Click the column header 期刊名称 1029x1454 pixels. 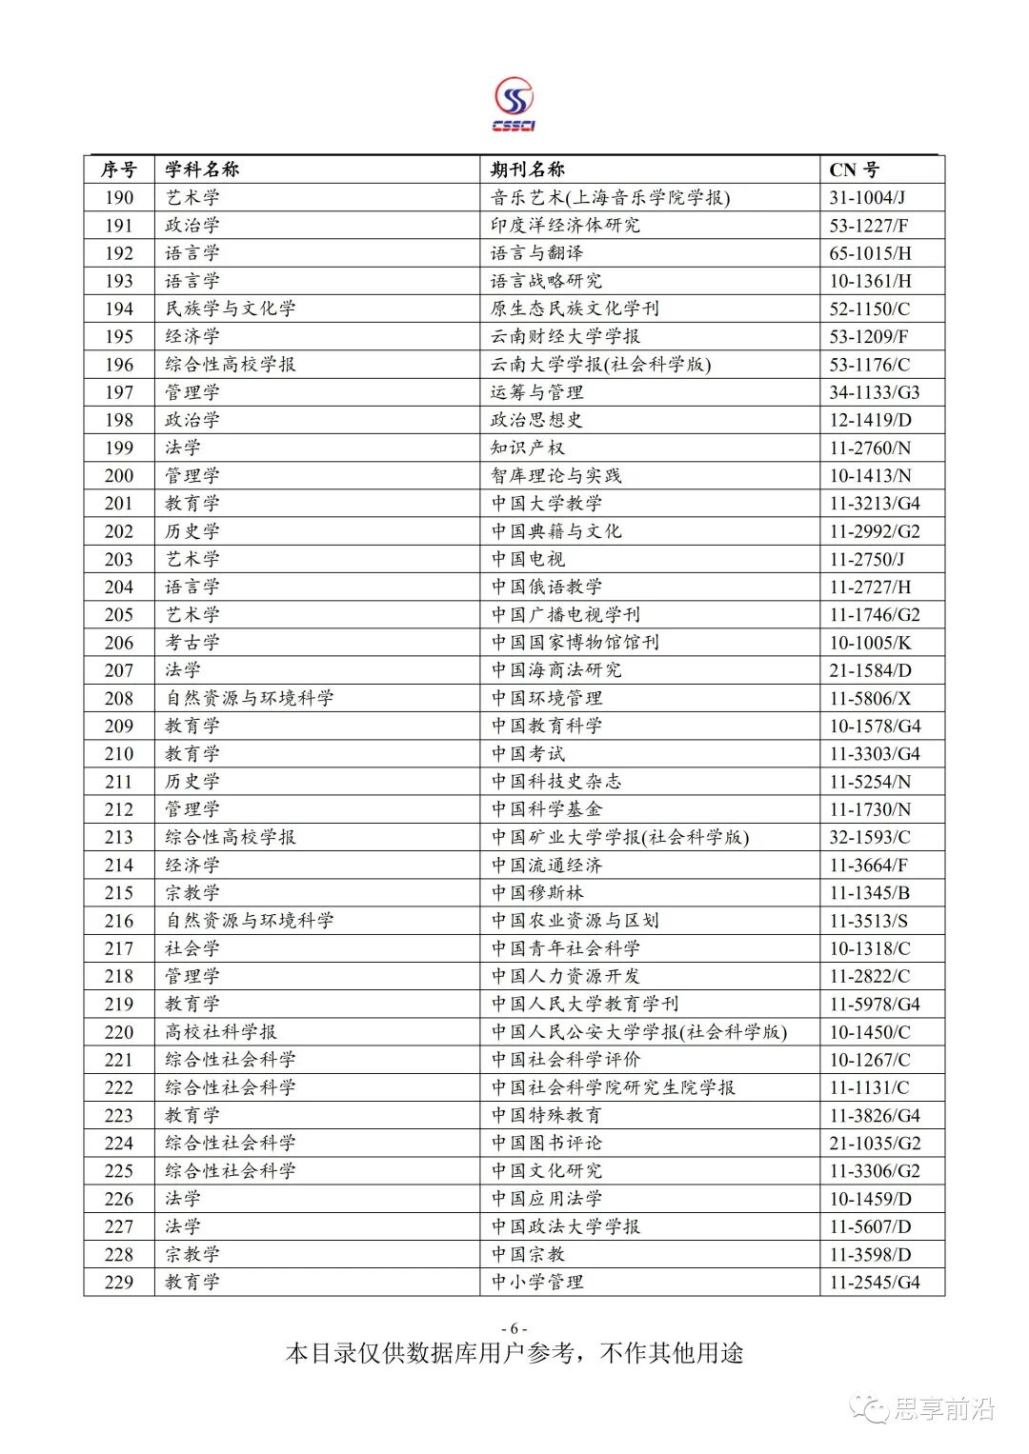(528, 169)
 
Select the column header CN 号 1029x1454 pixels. (854, 169)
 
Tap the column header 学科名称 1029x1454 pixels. (202, 169)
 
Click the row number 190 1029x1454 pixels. (119, 197)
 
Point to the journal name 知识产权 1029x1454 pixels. (528, 448)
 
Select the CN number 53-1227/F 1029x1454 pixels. (868, 226)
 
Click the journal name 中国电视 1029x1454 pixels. (528, 559)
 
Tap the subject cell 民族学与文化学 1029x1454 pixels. (231, 309)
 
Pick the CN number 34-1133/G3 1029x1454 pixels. (874, 392)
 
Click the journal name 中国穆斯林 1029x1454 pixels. (537, 893)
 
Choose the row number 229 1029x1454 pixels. (119, 1283)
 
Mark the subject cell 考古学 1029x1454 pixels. (192, 643)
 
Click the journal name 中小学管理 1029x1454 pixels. (537, 1283)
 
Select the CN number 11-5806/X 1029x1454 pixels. (870, 698)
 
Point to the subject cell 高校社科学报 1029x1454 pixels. (221, 1032)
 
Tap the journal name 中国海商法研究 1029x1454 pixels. (556, 670)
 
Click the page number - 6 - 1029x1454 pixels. (514, 1329)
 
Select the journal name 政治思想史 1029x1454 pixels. (537, 420)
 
